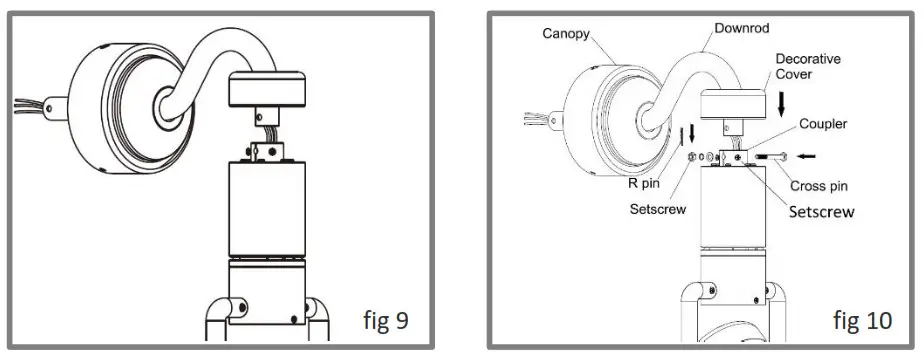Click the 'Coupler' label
coord(822,125)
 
